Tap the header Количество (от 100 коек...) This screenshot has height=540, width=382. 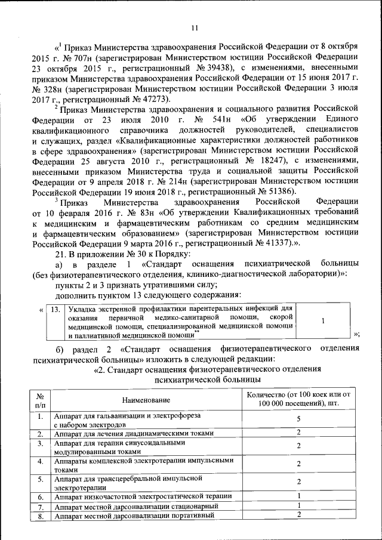click(298, 399)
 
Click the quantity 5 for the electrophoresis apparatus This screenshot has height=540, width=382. click(298, 419)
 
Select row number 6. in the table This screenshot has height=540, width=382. click(39, 496)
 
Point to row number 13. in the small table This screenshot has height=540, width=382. click(54, 310)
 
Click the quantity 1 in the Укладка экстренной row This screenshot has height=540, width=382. click(323, 320)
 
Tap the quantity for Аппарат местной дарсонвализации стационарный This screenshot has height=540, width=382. click(298, 506)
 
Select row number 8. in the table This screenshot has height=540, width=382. click(39, 516)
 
